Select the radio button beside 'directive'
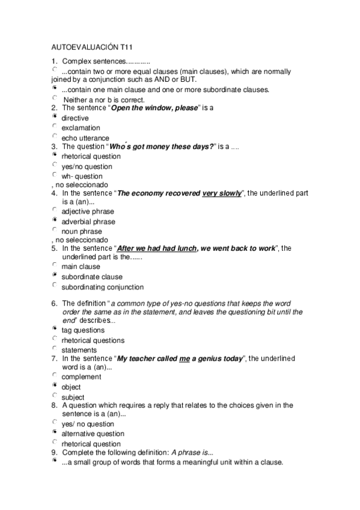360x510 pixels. (55, 117)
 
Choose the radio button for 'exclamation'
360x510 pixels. (55, 126)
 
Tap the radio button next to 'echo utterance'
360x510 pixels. (55, 137)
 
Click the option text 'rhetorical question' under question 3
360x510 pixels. (91, 157)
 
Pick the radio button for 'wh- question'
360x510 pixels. (55, 175)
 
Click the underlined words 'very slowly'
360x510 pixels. (221, 194)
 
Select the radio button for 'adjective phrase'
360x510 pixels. (55, 210)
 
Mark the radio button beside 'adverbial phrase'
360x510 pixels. (55, 220)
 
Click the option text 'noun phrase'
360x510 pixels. (82, 232)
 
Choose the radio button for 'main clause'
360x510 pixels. (55, 265)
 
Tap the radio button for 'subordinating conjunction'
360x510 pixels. (55, 286)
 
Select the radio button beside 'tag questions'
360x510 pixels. (55, 329)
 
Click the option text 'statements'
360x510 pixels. (79, 350)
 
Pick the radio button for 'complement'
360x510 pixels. (55, 376)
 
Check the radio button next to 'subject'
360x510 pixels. (55, 396)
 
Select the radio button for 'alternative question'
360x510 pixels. (55, 432)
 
